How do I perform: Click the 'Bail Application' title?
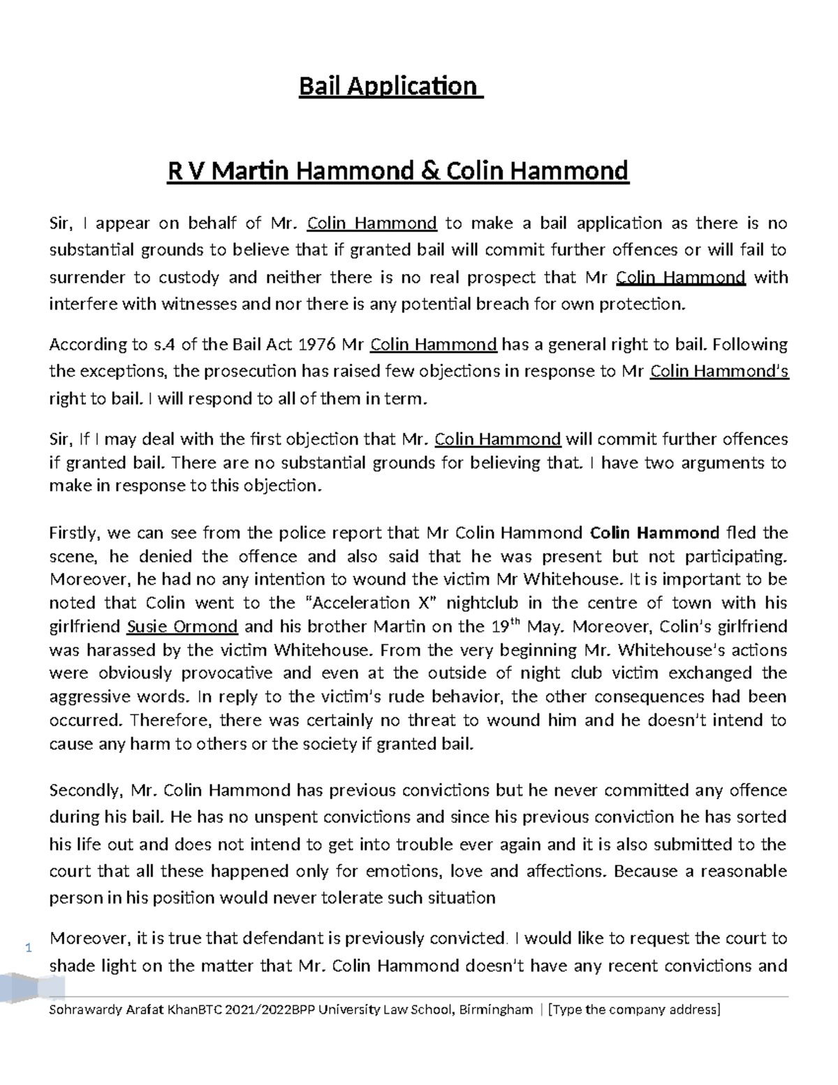point(390,87)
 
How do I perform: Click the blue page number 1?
point(29,948)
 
